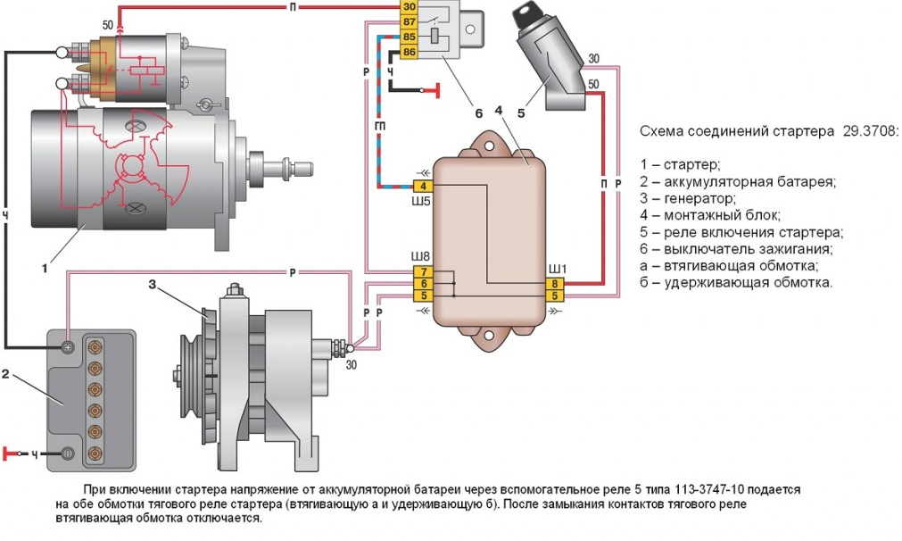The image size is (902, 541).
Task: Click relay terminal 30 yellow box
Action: click(x=409, y=6)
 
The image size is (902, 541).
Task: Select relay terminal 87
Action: click(x=409, y=21)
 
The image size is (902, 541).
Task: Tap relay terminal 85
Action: click(x=409, y=37)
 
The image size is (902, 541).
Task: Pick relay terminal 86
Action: click(x=409, y=52)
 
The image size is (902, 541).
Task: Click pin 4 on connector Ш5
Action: click(x=424, y=187)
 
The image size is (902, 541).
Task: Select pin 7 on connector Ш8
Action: click(x=424, y=270)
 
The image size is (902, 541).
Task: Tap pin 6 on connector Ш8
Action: click(x=424, y=283)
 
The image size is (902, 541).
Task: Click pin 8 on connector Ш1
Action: click(x=554, y=283)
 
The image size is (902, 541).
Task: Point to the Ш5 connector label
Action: click(x=421, y=202)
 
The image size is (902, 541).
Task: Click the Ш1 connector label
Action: click(x=556, y=268)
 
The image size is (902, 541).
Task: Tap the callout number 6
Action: click(x=478, y=113)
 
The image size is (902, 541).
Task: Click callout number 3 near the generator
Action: click(x=153, y=285)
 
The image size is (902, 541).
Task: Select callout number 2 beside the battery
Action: click(x=5, y=374)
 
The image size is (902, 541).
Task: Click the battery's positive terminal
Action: click(x=68, y=346)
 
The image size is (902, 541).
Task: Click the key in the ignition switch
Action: click(x=525, y=17)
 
